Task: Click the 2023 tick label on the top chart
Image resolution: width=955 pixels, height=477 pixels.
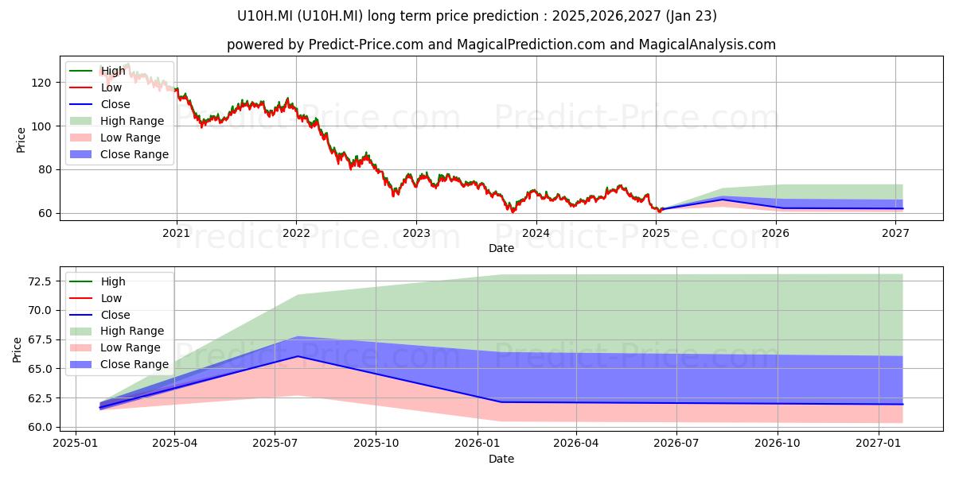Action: click(x=416, y=234)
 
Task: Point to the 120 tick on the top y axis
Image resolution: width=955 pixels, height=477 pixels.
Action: click(x=41, y=83)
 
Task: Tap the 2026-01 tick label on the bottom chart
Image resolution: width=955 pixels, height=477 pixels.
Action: click(x=477, y=444)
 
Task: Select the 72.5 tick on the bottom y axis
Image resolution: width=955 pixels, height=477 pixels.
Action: click(x=40, y=281)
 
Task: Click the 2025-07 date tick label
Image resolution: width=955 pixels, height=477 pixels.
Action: click(x=275, y=444)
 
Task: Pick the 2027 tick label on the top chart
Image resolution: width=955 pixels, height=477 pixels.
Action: click(x=895, y=234)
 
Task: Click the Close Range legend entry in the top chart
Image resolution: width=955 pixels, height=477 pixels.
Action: click(x=120, y=154)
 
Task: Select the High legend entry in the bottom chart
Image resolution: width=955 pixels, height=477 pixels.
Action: click(x=98, y=281)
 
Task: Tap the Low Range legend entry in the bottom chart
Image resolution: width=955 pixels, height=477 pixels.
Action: click(x=115, y=347)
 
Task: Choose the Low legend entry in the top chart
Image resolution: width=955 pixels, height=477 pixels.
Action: click(x=96, y=87)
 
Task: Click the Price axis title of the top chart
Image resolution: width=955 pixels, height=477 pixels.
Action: click(x=21, y=140)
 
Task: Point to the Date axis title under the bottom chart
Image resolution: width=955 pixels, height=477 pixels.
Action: click(x=501, y=460)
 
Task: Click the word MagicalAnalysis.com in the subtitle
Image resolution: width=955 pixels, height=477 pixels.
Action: click(x=707, y=45)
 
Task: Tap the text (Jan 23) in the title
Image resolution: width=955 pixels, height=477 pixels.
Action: click(x=691, y=16)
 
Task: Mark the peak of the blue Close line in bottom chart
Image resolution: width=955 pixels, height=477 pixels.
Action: click(x=298, y=356)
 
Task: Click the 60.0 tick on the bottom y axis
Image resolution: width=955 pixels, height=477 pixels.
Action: click(x=40, y=427)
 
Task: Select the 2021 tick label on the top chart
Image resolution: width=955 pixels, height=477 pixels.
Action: click(x=176, y=234)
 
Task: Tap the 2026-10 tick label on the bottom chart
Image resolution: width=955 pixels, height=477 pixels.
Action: click(x=778, y=444)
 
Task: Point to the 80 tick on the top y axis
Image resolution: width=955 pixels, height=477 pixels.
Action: click(x=45, y=170)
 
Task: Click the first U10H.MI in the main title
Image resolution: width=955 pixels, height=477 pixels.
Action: click(x=264, y=16)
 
